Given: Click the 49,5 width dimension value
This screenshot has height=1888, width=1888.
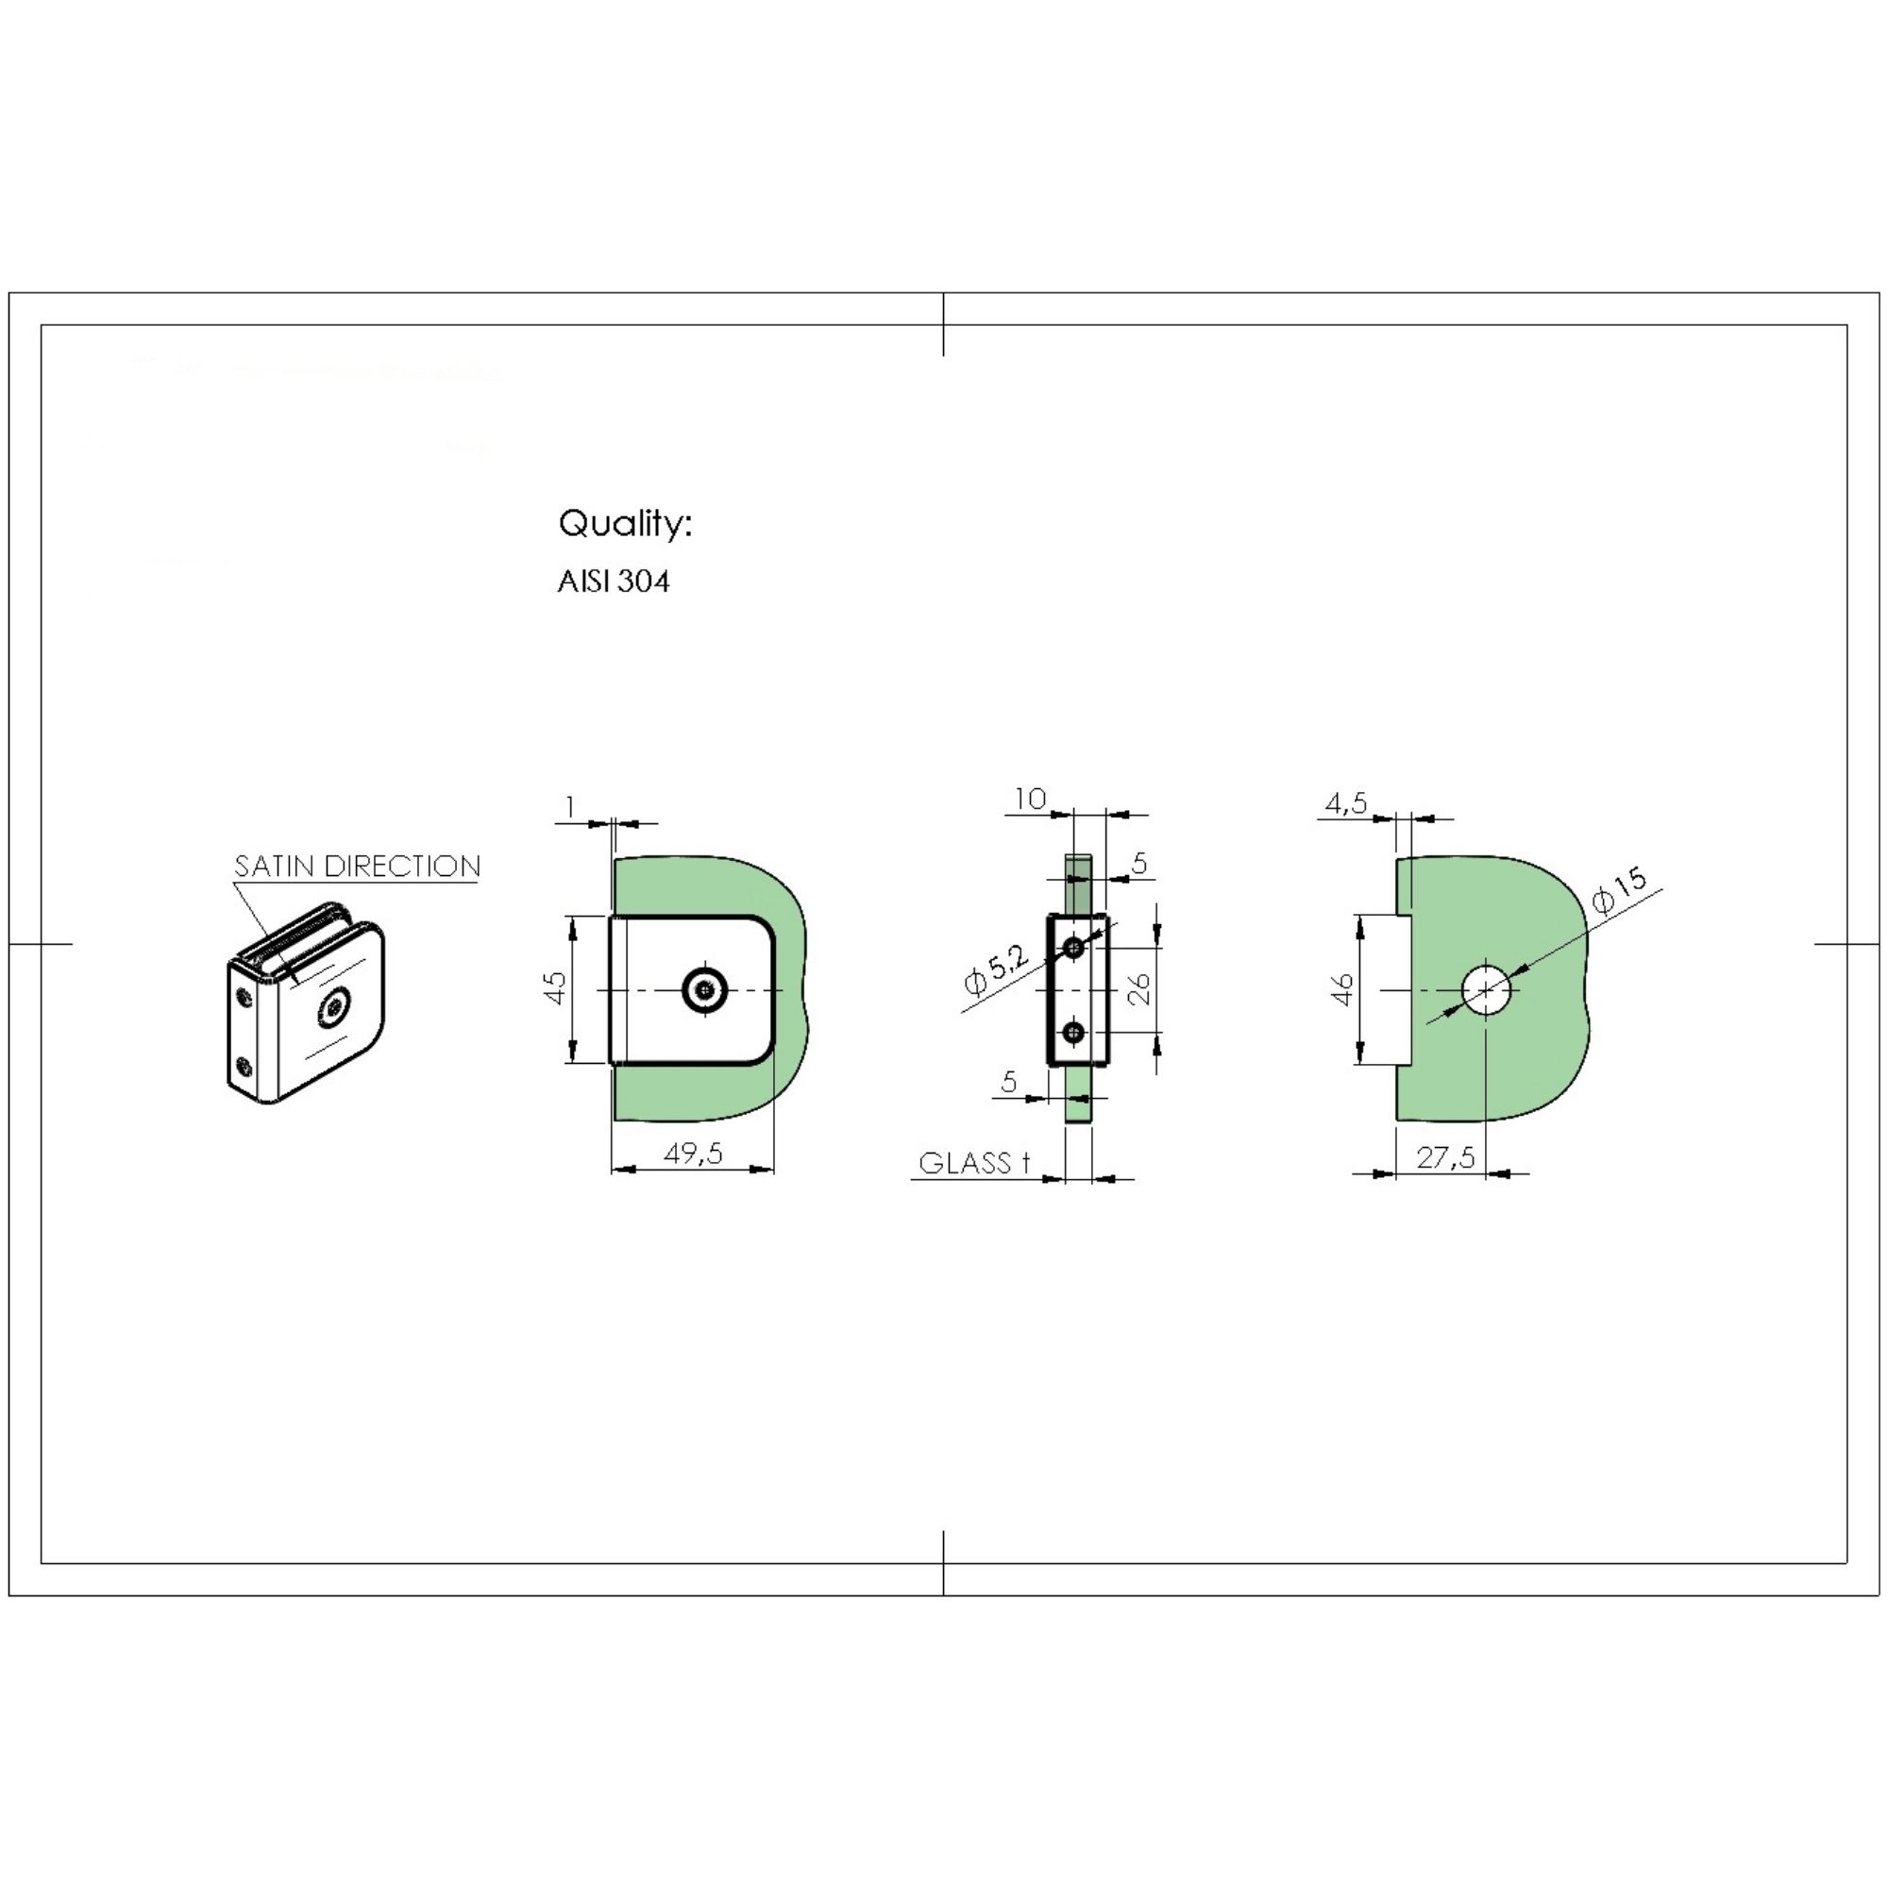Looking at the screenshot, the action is click(693, 1154).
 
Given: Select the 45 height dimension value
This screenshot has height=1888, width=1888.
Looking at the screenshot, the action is click(554, 987).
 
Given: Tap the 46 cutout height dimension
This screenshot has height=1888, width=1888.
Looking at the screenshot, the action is click(1342, 989).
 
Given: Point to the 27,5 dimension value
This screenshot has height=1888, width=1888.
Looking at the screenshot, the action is click(1445, 1157).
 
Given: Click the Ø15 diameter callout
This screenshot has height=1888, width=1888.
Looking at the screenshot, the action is click(1619, 890).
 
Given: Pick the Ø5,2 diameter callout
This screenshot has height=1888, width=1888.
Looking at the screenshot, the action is click(995, 969).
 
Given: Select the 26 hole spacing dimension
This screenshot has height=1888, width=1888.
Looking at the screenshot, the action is click(1139, 989).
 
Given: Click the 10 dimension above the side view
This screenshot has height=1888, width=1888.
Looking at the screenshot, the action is click(1030, 799).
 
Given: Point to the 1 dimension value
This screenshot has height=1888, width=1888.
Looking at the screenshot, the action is click(571, 806).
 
